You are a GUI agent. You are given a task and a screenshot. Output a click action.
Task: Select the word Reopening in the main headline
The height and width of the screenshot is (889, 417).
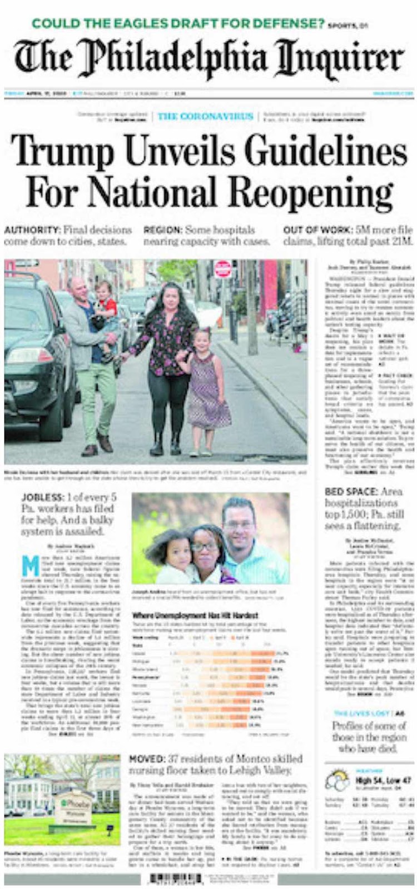tap(311, 192)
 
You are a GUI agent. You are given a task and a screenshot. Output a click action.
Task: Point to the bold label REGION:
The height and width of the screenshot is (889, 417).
tap(163, 229)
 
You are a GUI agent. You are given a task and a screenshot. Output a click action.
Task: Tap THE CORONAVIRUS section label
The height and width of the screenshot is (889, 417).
tap(205, 116)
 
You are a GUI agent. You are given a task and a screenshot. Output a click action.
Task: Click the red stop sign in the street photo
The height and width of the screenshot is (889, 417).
tap(222, 269)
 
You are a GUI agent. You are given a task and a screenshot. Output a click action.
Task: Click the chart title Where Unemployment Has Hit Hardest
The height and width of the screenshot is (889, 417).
tap(195, 615)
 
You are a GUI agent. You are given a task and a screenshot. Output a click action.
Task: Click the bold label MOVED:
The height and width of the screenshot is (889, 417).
tap(146, 758)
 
